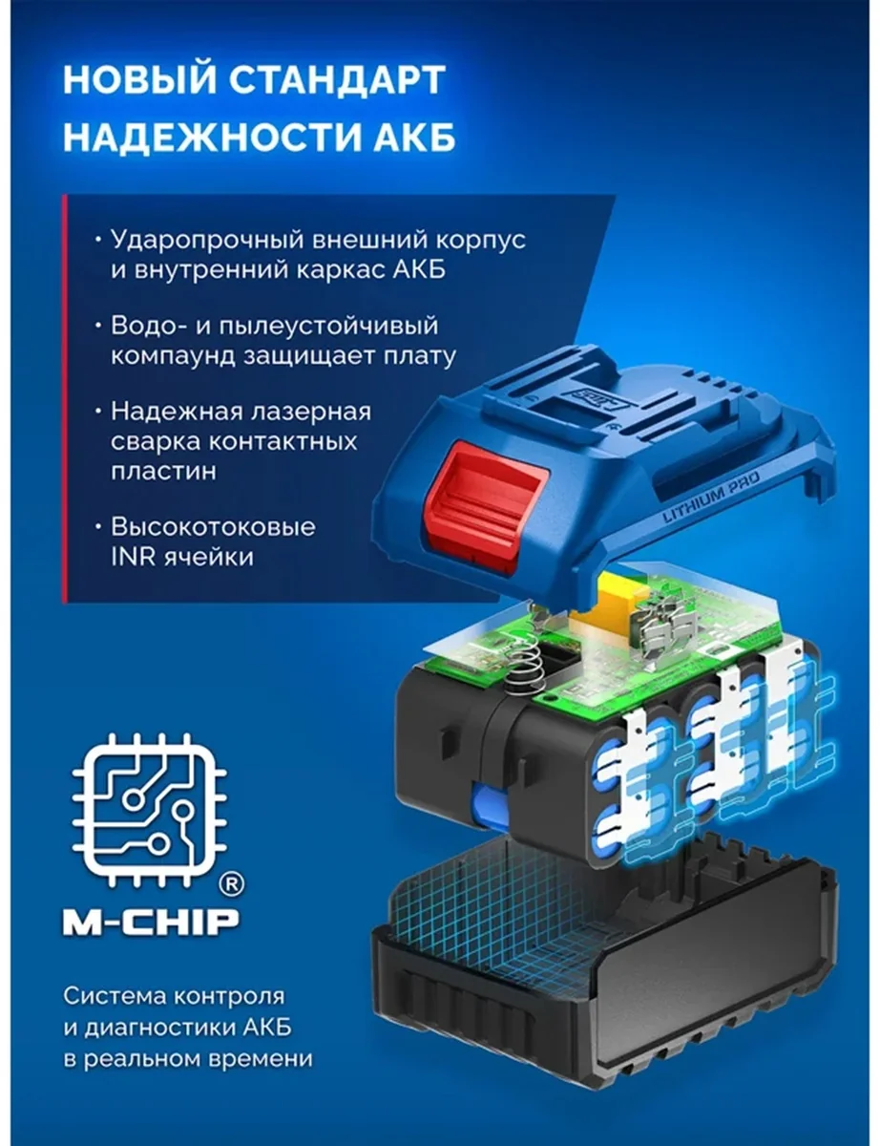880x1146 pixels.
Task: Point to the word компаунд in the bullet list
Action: (173, 357)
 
